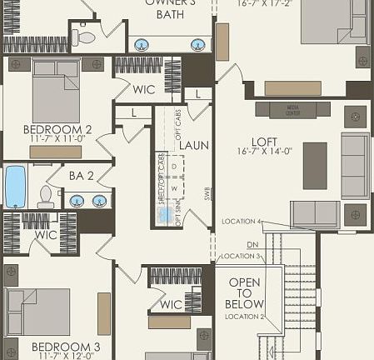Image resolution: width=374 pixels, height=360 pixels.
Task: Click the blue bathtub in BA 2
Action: tap(15, 187)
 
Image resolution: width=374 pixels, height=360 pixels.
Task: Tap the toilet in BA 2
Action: tap(46, 197)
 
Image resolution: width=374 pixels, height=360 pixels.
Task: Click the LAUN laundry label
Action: tap(195, 146)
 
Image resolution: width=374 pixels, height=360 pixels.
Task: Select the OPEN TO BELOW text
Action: tap(245, 293)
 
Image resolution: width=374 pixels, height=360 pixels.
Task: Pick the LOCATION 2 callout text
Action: tap(244, 317)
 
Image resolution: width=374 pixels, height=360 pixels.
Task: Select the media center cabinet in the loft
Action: tap(292, 109)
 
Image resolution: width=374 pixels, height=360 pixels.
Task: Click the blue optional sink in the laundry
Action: tap(166, 214)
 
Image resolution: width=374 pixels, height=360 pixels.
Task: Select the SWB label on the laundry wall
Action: tap(208, 194)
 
